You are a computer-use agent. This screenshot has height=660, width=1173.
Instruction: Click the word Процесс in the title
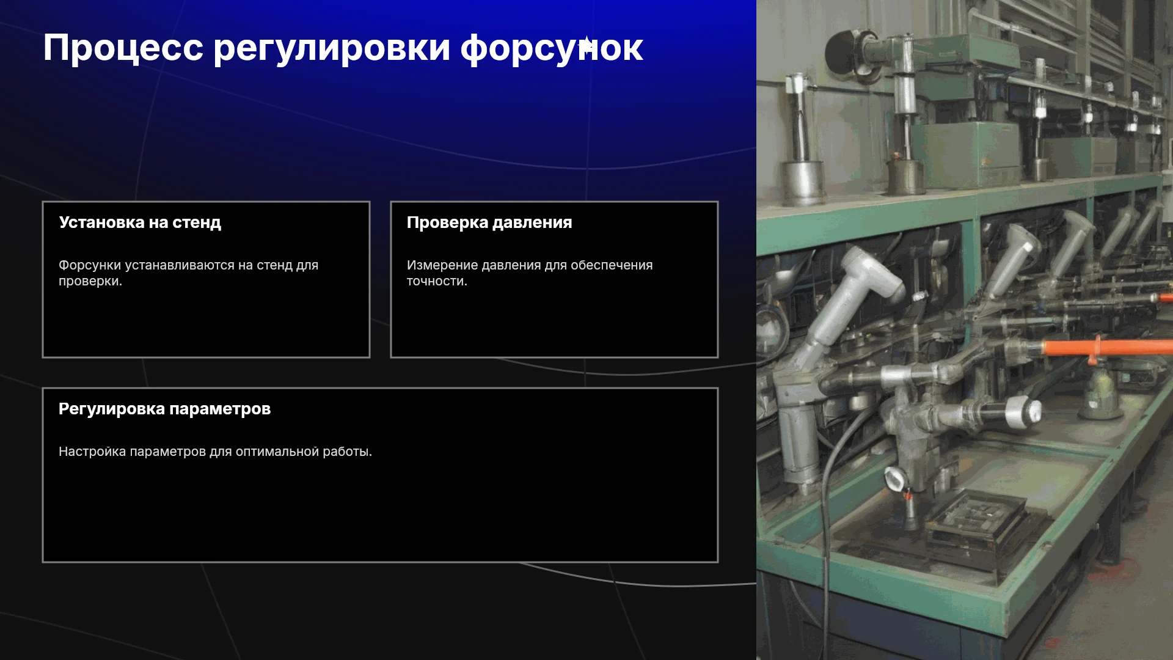pos(123,48)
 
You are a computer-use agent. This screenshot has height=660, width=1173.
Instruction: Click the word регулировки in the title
pos(332,49)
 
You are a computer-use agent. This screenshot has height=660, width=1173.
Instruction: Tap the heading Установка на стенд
pos(140,222)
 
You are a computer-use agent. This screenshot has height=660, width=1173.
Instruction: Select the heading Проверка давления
pos(489,222)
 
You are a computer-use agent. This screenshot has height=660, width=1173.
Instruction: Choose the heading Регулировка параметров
pos(164,409)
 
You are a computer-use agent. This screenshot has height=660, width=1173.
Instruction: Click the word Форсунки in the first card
pos(91,265)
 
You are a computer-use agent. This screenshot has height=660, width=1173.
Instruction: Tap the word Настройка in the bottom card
pos(92,452)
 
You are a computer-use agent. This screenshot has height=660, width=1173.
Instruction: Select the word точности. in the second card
pos(437,281)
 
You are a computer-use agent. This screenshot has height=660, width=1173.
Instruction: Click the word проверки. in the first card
pos(90,282)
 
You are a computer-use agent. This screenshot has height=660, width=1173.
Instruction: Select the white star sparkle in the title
pos(586,46)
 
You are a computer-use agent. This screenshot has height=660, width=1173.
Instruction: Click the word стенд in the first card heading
pos(197,222)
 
